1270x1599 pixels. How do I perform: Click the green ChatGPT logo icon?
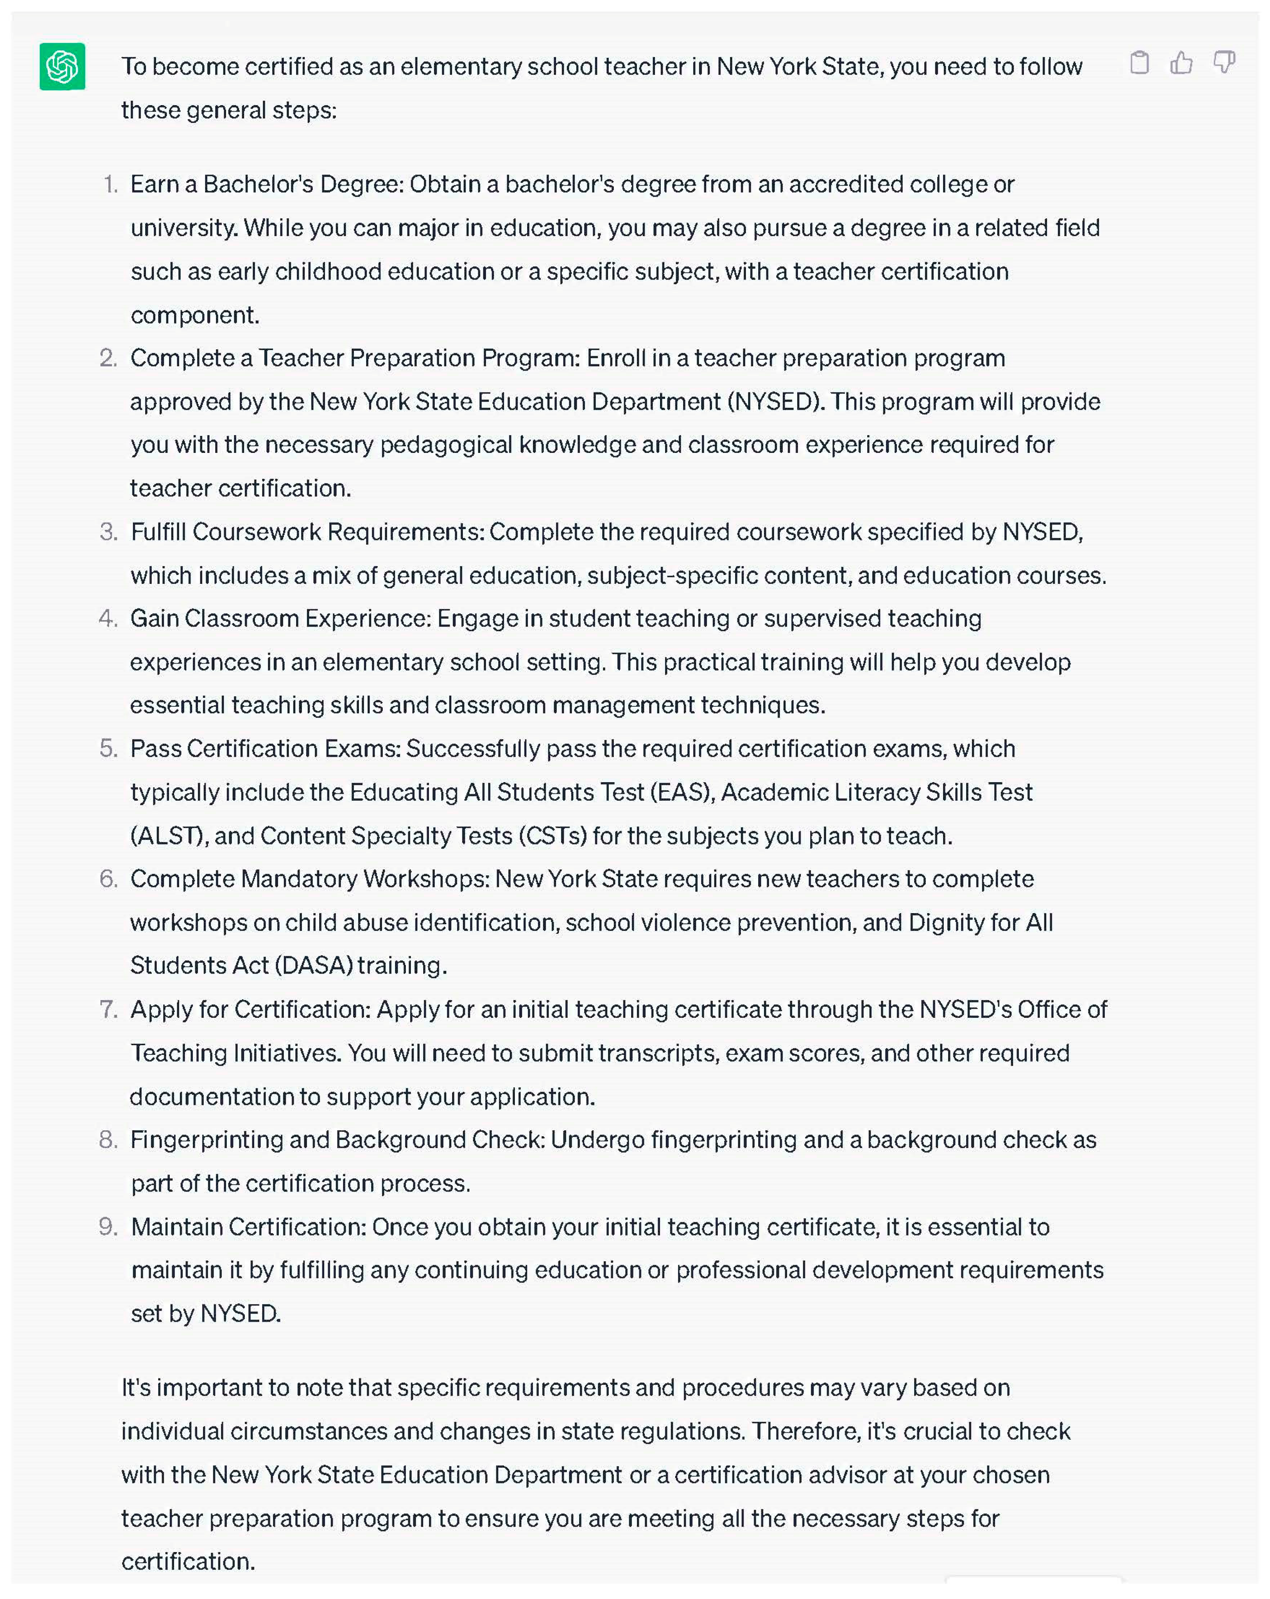[x=62, y=67]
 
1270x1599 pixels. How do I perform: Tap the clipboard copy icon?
[x=1139, y=63]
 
